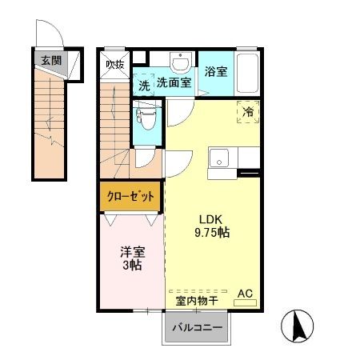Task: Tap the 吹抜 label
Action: tap(115, 65)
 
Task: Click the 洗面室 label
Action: tap(174, 82)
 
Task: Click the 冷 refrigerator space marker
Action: tap(248, 113)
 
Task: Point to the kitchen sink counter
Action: tap(219, 160)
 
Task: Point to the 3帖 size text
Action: tap(131, 265)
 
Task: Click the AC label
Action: tap(247, 294)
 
